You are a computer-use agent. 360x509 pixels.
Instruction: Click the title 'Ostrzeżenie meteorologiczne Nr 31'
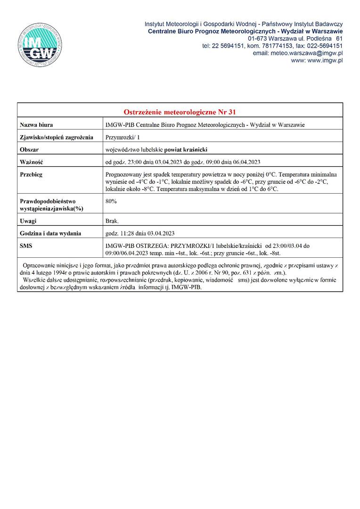[180, 112]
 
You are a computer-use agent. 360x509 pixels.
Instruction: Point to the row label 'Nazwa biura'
[36, 125]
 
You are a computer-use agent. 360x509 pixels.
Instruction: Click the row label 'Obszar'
[30, 150]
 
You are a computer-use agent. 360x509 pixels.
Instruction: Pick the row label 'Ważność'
[32, 162]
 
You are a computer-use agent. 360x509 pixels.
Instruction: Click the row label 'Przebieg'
[32, 174]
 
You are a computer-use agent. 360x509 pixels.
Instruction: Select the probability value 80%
[111, 201]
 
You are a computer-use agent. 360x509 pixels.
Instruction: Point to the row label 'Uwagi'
[28, 221]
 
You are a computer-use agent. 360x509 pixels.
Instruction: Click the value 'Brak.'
[112, 221]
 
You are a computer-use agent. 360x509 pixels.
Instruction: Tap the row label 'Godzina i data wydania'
[50, 233]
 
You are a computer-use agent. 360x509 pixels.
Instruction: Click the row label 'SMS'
[26, 246]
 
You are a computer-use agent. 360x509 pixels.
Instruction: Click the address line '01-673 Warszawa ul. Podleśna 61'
[295, 38]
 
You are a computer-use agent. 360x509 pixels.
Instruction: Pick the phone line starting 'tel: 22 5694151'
[272, 46]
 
